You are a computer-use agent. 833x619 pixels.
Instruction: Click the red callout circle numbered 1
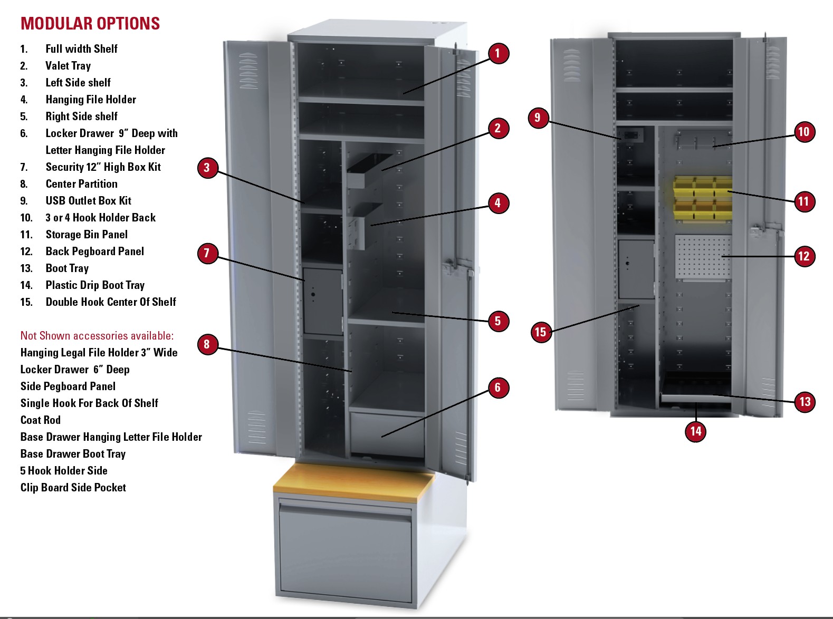(497, 53)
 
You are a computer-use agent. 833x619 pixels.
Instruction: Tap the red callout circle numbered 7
(207, 254)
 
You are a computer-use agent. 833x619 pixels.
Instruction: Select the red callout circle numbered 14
(696, 431)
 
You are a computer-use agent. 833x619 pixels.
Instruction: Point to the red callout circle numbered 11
(803, 201)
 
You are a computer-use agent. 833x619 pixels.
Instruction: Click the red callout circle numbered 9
(538, 117)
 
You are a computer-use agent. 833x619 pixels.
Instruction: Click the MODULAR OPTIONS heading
(90, 24)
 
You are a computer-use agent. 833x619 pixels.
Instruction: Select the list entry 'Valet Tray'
(68, 66)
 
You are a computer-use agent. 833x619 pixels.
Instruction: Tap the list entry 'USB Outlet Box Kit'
(88, 201)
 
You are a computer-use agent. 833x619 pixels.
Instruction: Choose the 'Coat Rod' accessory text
(41, 420)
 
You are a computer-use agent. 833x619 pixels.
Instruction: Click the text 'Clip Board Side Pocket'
(73, 488)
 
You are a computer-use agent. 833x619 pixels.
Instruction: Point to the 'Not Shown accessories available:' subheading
(97, 336)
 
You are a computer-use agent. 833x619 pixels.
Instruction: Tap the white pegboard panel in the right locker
(702, 256)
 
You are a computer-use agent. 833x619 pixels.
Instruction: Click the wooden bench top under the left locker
(353, 481)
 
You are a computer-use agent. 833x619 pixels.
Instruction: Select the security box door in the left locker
(322, 301)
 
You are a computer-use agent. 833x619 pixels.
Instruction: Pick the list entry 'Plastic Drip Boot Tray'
(95, 285)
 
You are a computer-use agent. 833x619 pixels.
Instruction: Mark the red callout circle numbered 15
(540, 332)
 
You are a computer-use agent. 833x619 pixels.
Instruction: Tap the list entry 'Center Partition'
(81, 184)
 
